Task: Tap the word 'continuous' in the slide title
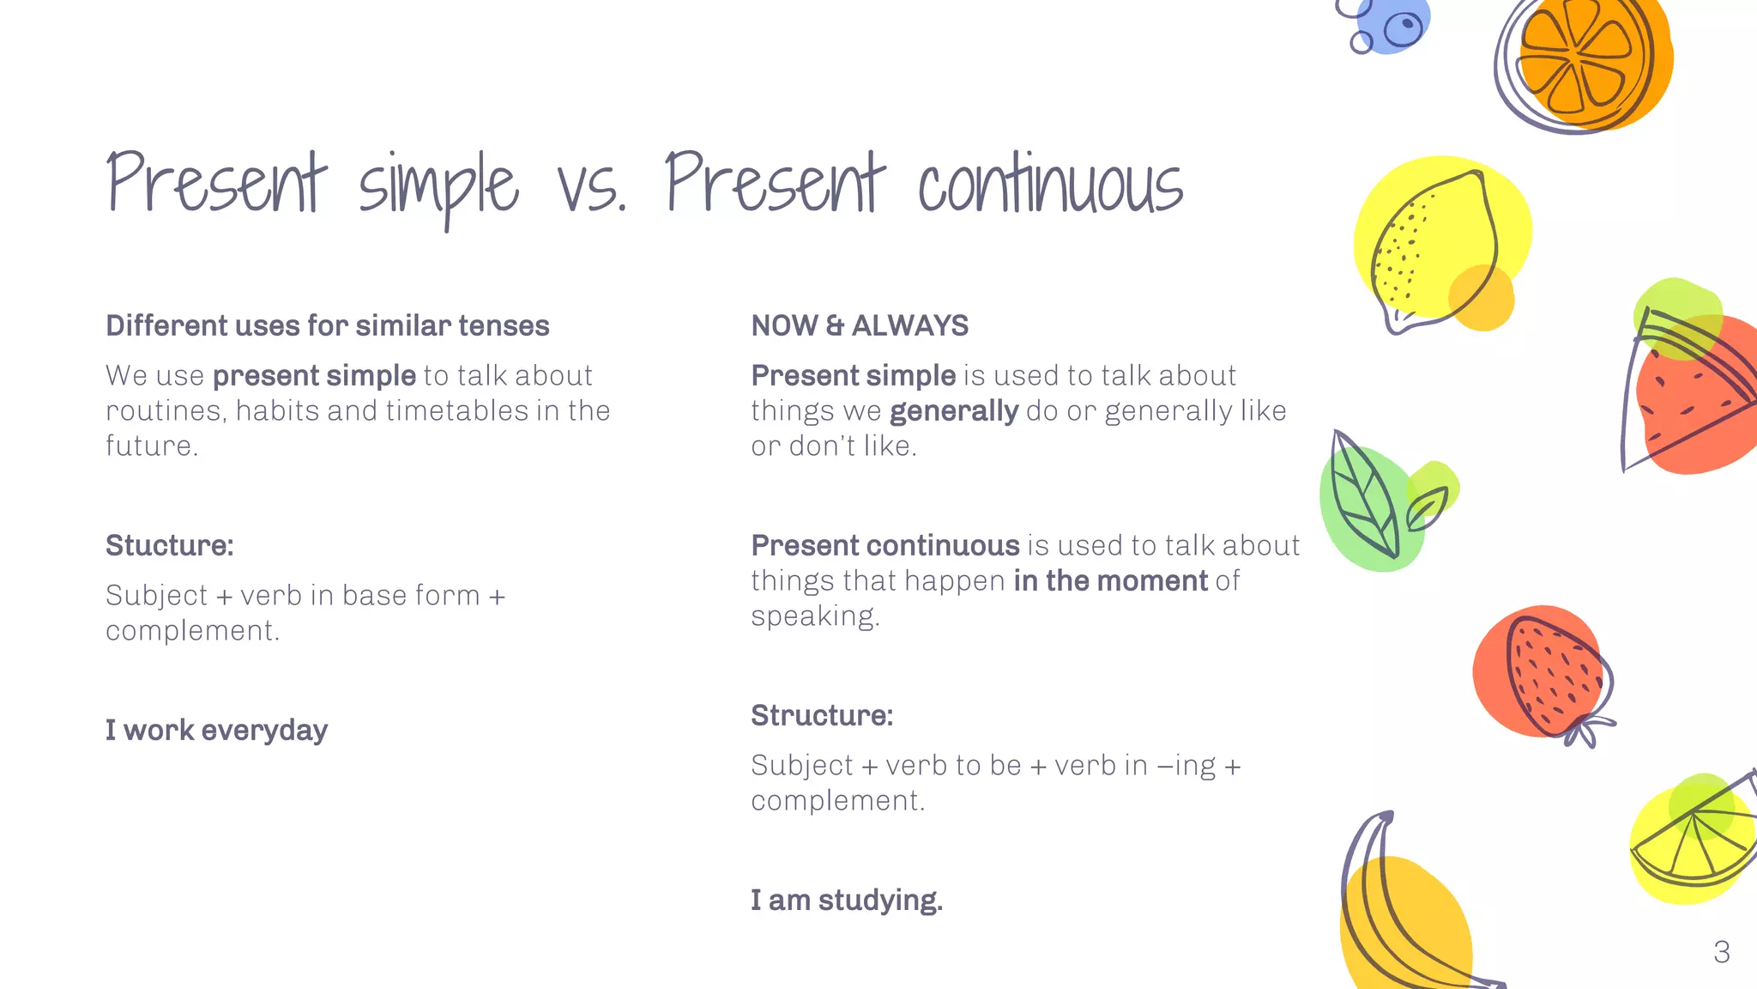[x=1050, y=185]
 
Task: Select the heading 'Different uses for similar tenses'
[x=327, y=326]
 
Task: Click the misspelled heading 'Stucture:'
[x=169, y=546]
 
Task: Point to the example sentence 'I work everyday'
[x=216, y=731]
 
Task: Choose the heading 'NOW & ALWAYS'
[x=860, y=326]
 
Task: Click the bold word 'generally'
[x=953, y=411]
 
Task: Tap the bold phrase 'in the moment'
[x=1110, y=581]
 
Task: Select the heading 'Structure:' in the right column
[x=821, y=716]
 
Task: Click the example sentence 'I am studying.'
[x=846, y=901]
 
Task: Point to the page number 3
[x=1721, y=952]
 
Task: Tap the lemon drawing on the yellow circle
[x=1436, y=249]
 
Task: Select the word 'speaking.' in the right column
[x=815, y=616]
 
